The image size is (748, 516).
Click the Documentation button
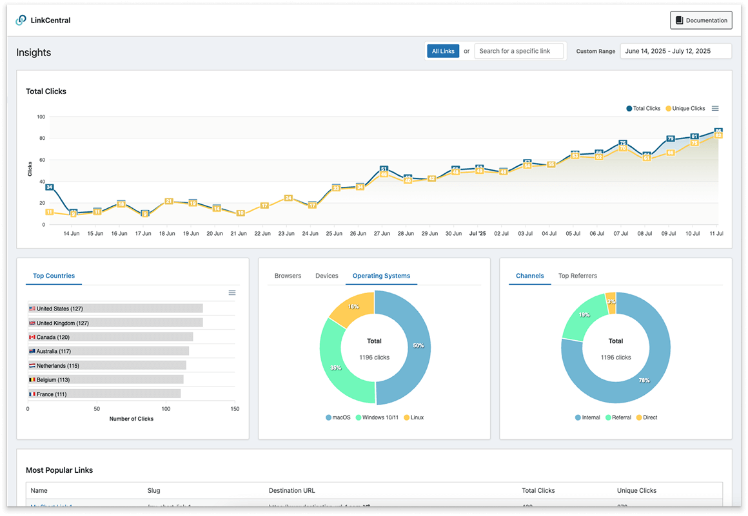[x=701, y=21]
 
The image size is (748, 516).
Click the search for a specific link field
[x=519, y=51]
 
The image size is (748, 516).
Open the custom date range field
[x=675, y=51]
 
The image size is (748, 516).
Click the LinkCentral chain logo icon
[x=21, y=20]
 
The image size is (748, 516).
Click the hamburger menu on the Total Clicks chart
[x=715, y=108]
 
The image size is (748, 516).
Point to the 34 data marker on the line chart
[x=49, y=187]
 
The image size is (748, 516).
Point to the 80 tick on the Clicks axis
[x=41, y=138]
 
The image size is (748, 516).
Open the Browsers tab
[x=288, y=276]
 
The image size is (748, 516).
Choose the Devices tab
[x=327, y=276]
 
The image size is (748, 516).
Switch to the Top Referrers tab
[x=577, y=276]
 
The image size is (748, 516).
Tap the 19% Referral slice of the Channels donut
[x=583, y=316]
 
